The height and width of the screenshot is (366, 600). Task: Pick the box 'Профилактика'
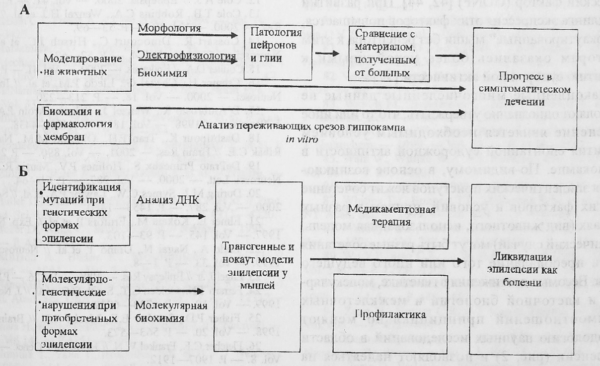(x=393, y=314)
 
